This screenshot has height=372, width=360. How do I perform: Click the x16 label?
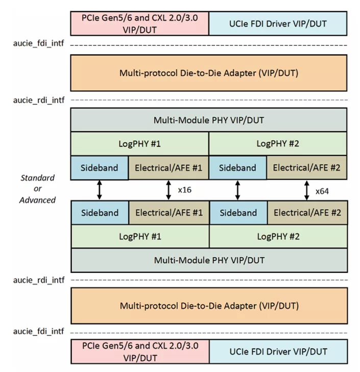[184, 190]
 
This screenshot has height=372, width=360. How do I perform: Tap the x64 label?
[322, 191]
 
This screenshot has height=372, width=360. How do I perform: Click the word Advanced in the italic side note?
[38, 200]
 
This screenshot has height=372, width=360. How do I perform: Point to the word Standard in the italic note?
[37, 178]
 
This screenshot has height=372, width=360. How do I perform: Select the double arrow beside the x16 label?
[169, 190]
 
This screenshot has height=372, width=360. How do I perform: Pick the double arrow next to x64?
[306, 190]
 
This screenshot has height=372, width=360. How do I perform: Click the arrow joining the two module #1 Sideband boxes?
[100, 190]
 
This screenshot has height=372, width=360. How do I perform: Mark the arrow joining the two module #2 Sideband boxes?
[237, 190]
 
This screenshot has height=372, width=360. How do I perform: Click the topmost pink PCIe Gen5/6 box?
[140, 23]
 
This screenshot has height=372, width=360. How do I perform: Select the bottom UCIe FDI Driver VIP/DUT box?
[278, 352]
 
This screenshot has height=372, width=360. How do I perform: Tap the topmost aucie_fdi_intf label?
[38, 45]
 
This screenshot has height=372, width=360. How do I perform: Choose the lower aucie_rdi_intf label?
[38, 280]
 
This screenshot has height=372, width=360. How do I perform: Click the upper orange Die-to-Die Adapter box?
[209, 73]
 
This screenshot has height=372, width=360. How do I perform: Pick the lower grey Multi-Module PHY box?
[209, 260]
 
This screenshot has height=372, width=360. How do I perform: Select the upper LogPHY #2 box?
[278, 144]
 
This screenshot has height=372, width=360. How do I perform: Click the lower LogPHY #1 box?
[140, 236]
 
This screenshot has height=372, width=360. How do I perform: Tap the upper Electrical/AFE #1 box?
[169, 168]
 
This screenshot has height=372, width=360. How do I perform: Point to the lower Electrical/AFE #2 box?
[307, 213]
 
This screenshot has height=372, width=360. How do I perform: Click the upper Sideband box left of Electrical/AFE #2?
[237, 168]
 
